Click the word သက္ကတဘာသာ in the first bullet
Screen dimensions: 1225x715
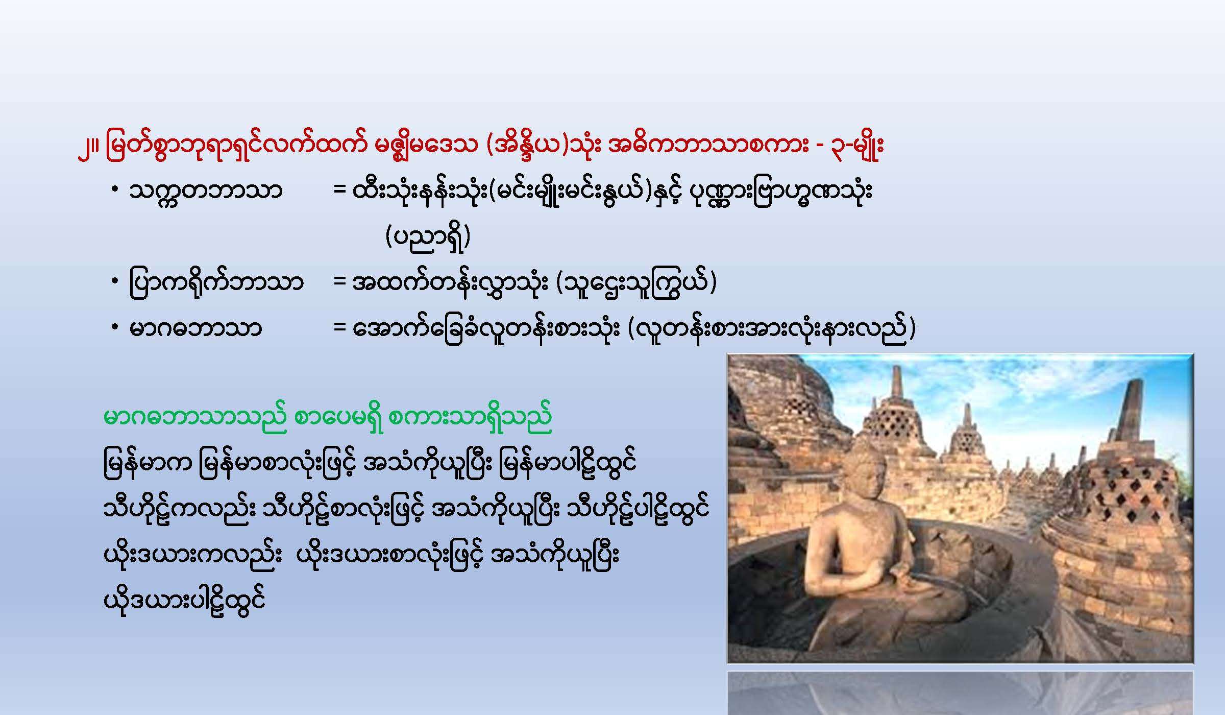(x=206, y=192)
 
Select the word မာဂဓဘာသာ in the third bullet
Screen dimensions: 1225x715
(x=195, y=328)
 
